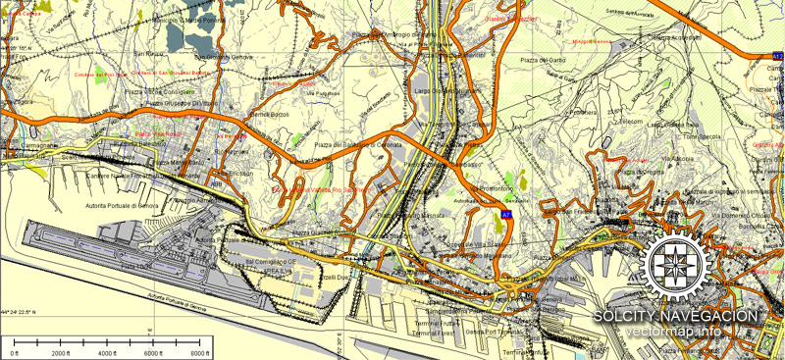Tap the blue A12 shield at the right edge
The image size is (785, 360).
tap(777, 58)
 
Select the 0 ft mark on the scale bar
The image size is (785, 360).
tap(14, 352)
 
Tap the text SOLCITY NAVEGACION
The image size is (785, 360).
tap(676, 316)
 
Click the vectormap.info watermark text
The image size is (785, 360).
tap(676, 332)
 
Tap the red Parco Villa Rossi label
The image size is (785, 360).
tap(156, 134)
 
